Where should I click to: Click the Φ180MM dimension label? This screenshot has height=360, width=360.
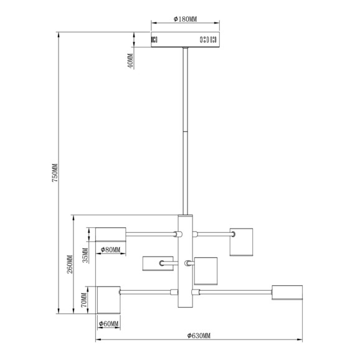(x=185, y=19)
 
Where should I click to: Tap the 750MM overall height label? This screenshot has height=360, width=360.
(x=55, y=173)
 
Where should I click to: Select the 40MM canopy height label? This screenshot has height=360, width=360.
(x=130, y=61)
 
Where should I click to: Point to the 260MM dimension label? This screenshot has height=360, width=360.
(x=70, y=264)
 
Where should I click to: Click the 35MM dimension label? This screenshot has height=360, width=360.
(x=85, y=255)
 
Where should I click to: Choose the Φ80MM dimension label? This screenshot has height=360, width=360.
(x=110, y=250)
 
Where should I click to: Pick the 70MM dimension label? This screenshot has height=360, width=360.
(x=84, y=300)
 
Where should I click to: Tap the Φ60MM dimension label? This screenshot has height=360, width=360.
(x=108, y=324)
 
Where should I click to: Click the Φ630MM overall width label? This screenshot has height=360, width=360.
(x=199, y=336)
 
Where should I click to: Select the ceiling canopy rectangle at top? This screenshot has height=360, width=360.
(x=185, y=39)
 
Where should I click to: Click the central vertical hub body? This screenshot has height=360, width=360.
(x=185, y=261)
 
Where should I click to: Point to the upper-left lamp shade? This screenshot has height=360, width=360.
(x=111, y=234)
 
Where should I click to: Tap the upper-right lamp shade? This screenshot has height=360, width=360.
(x=241, y=242)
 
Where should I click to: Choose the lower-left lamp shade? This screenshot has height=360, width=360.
(x=109, y=300)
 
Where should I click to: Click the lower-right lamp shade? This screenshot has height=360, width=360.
(x=287, y=293)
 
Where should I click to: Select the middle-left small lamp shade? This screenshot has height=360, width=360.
(x=158, y=263)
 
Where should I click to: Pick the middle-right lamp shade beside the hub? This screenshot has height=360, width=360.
(x=206, y=271)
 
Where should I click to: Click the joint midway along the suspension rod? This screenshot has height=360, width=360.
(x=185, y=131)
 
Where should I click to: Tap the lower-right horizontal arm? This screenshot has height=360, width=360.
(x=235, y=292)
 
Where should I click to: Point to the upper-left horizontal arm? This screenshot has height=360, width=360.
(x=151, y=234)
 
